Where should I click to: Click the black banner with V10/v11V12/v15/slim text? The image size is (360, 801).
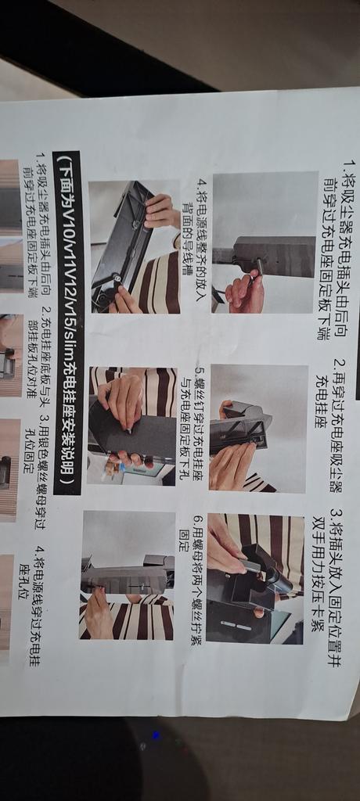click(x=68, y=323)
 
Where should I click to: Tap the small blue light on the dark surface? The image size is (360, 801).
click(x=156, y=735)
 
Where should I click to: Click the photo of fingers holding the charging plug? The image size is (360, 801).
click(x=265, y=242)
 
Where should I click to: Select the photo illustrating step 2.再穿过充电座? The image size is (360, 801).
click(x=259, y=428)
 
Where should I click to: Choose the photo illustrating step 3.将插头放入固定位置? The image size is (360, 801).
click(x=255, y=578)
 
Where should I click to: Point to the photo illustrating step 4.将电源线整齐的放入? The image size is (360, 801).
click(x=135, y=246)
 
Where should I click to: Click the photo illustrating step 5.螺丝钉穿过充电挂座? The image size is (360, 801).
click(x=132, y=426)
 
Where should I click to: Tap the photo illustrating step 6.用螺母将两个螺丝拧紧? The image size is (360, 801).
click(x=128, y=575)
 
